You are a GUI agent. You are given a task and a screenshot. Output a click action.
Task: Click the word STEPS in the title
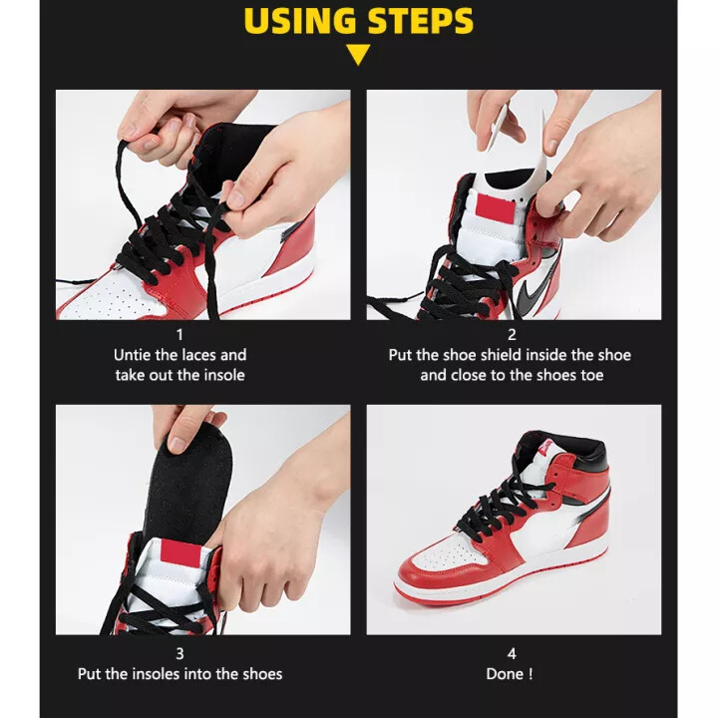[x=419, y=21]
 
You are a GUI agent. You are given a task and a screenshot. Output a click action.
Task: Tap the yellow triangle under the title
[x=359, y=55]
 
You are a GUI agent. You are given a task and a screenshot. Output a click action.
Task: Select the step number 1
[x=179, y=335]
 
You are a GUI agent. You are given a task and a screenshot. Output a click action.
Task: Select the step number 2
[x=513, y=335]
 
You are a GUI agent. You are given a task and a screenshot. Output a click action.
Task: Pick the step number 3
[x=179, y=654]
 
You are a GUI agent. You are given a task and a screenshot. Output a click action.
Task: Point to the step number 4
[x=513, y=654]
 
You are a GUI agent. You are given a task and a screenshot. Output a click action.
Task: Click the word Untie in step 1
[x=135, y=355]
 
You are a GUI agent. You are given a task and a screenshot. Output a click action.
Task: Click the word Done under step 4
[x=505, y=674]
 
